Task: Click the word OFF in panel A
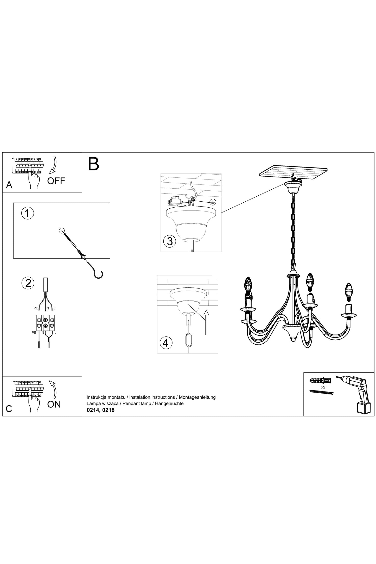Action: pyautogui.click(x=56, y=181)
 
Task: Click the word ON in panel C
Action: pyautogui.click(x=54, y=404)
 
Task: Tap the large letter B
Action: pyautogui.click(x=93, y=164)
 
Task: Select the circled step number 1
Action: pyautogui.click(x=27, y=213)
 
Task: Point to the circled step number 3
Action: pyautogui.click(x=170, y=241)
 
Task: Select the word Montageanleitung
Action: pyautogui.click(x=197, y=397)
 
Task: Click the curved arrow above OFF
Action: pyautogui.click(x=54, y=165)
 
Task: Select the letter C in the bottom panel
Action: pyautogui.click(x=9, y=409)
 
